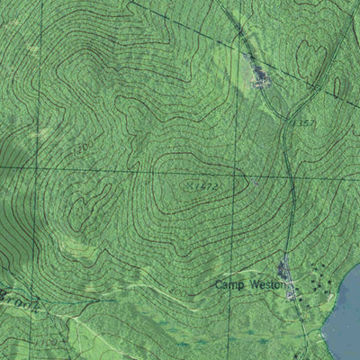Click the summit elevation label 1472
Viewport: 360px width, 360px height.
tap(208, 186)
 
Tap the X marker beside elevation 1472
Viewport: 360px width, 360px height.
tap(190, 185)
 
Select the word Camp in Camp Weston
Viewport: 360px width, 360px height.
tap(229, 284)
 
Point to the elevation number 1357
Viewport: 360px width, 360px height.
tap(305, 121)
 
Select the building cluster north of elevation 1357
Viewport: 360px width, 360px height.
tap(260, 76)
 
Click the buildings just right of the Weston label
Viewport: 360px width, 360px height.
tap(286, 270)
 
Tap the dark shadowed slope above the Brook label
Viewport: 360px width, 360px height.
tap(13, 243)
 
